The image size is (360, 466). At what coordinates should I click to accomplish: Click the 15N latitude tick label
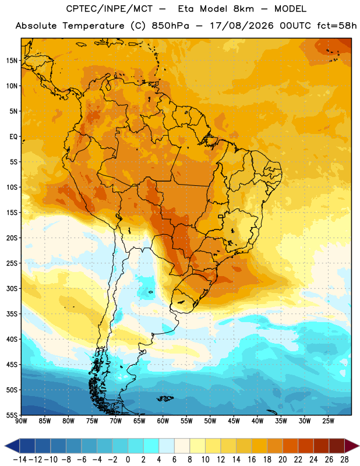pos(12,61)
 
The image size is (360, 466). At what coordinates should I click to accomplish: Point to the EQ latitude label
pos(13,137)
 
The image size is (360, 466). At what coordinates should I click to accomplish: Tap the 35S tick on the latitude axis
pos(12,314)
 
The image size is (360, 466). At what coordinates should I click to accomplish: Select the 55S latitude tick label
pos(12,415)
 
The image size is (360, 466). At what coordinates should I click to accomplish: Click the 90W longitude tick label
pos(21,421)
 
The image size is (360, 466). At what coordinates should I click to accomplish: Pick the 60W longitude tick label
pos(163,421)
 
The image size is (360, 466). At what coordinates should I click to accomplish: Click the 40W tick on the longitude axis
pos(257,421)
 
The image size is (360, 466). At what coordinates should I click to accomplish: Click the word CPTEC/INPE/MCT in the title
pos(109,9)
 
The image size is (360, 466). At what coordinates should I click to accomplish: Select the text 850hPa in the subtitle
pos(170,26)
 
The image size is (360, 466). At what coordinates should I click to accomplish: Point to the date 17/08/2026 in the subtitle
pos(242,26)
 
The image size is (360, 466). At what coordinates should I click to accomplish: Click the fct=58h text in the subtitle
pos(337,26)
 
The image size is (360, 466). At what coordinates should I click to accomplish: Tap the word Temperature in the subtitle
pos(93,26)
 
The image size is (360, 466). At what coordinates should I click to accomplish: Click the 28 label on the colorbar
pos(344,460)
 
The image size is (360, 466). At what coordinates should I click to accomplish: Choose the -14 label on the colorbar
pos(20,460)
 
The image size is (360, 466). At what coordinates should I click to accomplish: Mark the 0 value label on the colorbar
pos(128,460)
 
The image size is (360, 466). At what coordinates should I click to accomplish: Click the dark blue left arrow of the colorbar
pos(12,446)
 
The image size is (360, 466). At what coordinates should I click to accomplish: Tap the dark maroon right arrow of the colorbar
pos(352,446)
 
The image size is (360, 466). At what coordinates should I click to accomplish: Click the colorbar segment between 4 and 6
pos(167,446)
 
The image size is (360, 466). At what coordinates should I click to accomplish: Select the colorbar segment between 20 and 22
pos(290,446)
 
